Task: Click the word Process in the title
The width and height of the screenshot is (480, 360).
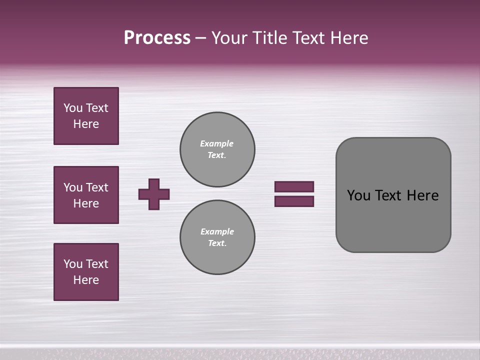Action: [x=157, y=38]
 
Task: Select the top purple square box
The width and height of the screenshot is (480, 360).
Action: [x=86, y=116]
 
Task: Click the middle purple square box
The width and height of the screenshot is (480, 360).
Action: [x=86, y=195]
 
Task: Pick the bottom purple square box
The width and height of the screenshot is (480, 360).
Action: [x=86, y=272]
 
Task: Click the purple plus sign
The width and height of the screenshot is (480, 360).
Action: [x=154, y=194]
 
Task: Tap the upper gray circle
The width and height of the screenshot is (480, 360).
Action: [x=217, y=149]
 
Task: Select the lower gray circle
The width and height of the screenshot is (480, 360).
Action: [x=217, y=237]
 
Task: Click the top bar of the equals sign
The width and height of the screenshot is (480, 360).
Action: [x=294, y=186]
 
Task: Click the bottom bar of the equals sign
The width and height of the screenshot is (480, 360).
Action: [x=294, y=201]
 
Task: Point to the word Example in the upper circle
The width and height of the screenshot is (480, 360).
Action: [x=217, y=143]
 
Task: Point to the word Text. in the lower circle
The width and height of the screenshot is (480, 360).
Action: [x=217, y=243]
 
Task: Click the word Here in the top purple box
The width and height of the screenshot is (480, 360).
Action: [x=86, y=124]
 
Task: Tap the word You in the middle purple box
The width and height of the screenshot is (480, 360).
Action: [x=72, y=187]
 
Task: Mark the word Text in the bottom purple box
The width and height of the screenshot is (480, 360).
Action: [x=96, y=264]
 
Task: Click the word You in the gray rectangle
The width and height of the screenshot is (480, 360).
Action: [x=358, y=195]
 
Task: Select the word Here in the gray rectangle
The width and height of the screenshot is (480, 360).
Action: [x=423, y=195]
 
